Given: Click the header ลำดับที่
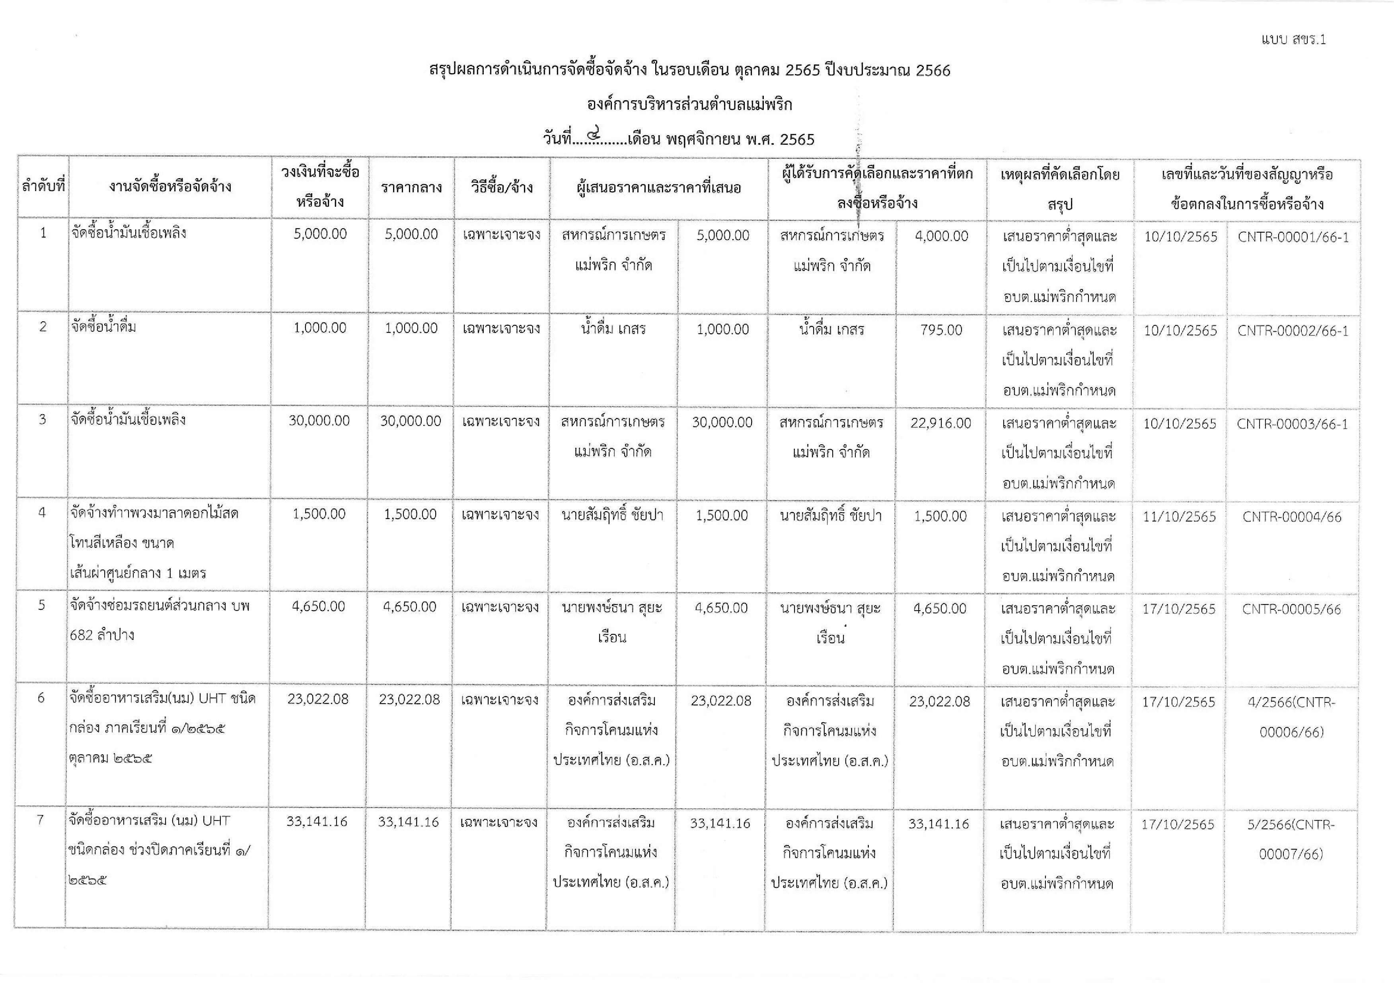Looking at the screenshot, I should point(43,187).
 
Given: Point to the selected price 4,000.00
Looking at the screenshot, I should point(941,236).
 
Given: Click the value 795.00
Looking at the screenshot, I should point(941,330).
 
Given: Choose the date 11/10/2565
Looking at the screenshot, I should point(1179,517).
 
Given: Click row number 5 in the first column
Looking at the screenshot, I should point(41,605).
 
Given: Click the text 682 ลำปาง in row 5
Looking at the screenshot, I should point(102,635).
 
